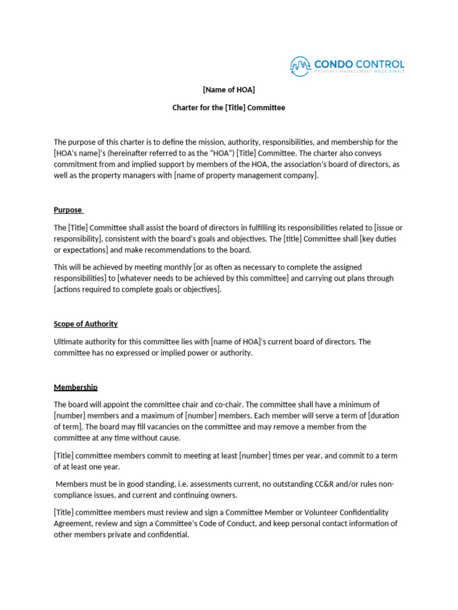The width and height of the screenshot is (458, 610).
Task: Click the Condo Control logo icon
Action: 301,66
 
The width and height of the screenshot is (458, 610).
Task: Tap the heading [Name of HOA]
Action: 229,90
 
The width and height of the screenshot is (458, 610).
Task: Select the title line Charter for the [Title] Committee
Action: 229,108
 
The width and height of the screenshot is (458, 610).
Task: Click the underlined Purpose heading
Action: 68,210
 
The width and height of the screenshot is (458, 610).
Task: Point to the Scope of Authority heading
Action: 86,324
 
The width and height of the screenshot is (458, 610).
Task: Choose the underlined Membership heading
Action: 76,387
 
